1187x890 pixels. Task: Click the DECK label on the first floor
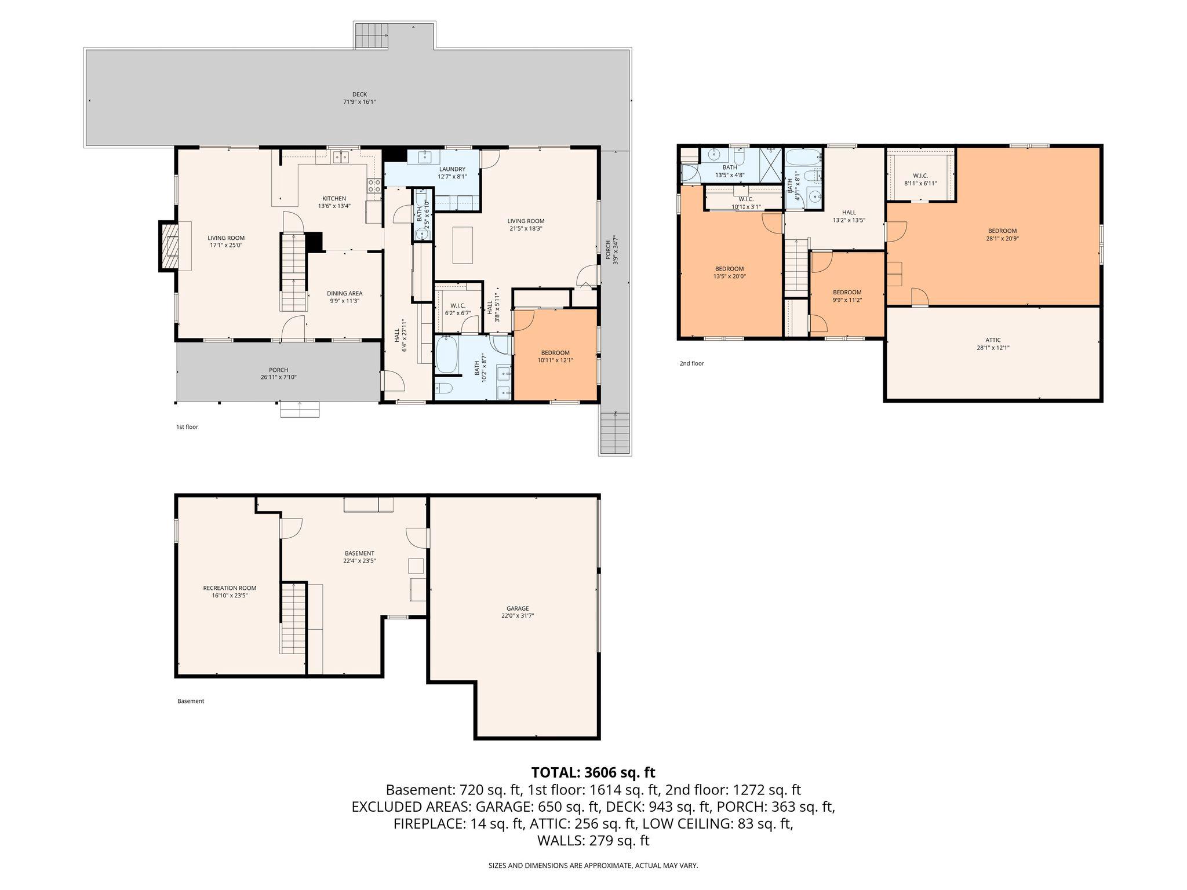(x=359, y=98)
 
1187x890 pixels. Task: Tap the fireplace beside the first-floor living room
(x=170, y=246)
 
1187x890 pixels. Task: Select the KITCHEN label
(x=334, y=202)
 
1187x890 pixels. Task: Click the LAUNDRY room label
(x=452, y=173)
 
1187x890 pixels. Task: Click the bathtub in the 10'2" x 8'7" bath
(x=447, y=355)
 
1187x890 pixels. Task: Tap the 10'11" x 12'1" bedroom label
(x=555, y=356)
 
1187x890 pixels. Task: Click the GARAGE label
(x=517, y=612)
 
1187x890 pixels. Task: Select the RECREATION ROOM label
(x=230, y=591)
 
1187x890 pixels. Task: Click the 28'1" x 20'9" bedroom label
(x=1002, y=234)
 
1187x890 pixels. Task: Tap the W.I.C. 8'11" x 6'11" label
(x=920, y=179)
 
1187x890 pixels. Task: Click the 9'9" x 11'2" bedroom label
(x=847, y=296)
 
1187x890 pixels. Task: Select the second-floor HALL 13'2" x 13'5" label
(x=849, y=216)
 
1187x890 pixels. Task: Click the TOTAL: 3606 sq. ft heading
(x=593, y=772)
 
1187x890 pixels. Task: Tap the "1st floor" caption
(x=187, y=427)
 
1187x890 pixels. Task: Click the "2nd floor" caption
(x=691, y=364)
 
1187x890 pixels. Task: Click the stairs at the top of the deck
(x=371, y=36)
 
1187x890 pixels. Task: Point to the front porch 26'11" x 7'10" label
(x=278, y=373)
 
